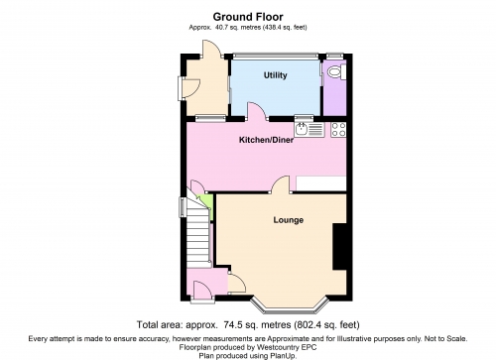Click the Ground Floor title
click(x=248, y=17)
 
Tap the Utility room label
click(x=275, y=75)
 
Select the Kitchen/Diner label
click(x=266, y=140)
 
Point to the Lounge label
click(x=289, y=220)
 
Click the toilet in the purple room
click(x=336, y=71)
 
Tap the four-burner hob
click(x=338, y=129)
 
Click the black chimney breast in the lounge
click(x=340, y=247)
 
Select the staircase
click(x=197, y=231)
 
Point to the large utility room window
click(x=275, y=57)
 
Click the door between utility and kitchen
click(x=257, y=111)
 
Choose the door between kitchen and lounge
click(x=281, y=184)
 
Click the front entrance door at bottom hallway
click(x=202, y=291)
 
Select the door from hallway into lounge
click(x=237, y=284)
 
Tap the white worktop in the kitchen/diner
click(x=321, y=183)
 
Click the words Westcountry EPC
click(x=287, y=347)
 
